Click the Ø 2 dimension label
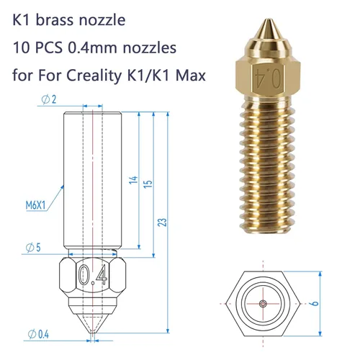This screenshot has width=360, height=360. coord(30,97)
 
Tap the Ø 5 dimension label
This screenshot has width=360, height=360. coord(31,248)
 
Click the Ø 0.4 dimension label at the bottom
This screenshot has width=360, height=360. coord(40,333)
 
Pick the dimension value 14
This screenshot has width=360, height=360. coord(132,179)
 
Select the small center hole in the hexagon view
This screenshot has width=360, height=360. coord(264,304)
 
